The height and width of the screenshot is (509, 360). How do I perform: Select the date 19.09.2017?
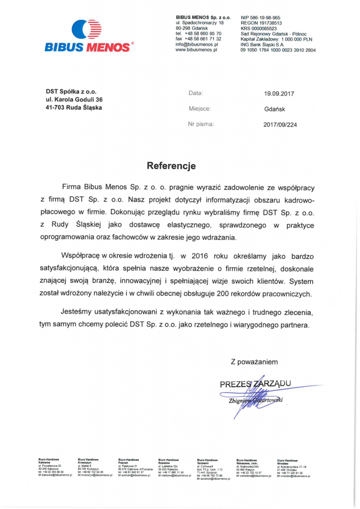click(279, 93)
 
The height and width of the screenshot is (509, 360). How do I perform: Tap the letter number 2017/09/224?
click(280, 125)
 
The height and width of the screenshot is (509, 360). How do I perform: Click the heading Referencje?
click(171, 166)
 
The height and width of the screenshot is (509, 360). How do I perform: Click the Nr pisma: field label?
click(201, 124)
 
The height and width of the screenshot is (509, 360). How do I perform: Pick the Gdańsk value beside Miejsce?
click(275, 109)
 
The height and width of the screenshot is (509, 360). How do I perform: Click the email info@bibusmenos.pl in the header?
click(197, 45)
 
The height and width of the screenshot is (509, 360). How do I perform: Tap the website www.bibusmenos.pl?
click(196, 50)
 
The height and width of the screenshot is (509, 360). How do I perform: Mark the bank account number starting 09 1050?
click(277, 50)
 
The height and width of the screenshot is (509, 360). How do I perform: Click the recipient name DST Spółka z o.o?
click(71, 91)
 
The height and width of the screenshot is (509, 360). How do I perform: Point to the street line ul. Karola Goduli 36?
click(74, 99)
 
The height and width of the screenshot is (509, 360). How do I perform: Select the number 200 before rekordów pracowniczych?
click(223, 293)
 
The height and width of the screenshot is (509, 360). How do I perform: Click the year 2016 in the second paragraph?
click(199, 255)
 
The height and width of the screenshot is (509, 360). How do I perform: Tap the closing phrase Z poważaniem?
click(254, 362)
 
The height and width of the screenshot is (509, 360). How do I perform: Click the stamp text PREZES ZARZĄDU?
click(255, 383)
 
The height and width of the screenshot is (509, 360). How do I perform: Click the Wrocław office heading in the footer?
click(287, 461)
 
